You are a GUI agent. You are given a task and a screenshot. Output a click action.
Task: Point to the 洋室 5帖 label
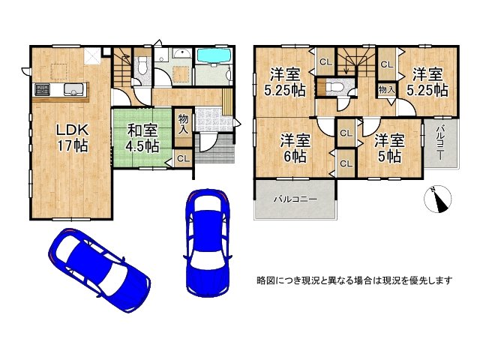tap(389, 146)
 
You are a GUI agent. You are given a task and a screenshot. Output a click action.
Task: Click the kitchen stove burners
tap(41, 90)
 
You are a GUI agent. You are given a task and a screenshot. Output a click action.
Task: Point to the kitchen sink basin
tap(73, 90)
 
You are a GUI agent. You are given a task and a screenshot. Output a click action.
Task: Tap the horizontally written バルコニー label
tap(295, 199)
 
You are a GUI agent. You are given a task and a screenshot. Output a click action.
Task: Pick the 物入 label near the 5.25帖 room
tap(385, 89)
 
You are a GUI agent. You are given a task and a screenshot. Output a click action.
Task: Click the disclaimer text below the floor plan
tap(355, 280)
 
